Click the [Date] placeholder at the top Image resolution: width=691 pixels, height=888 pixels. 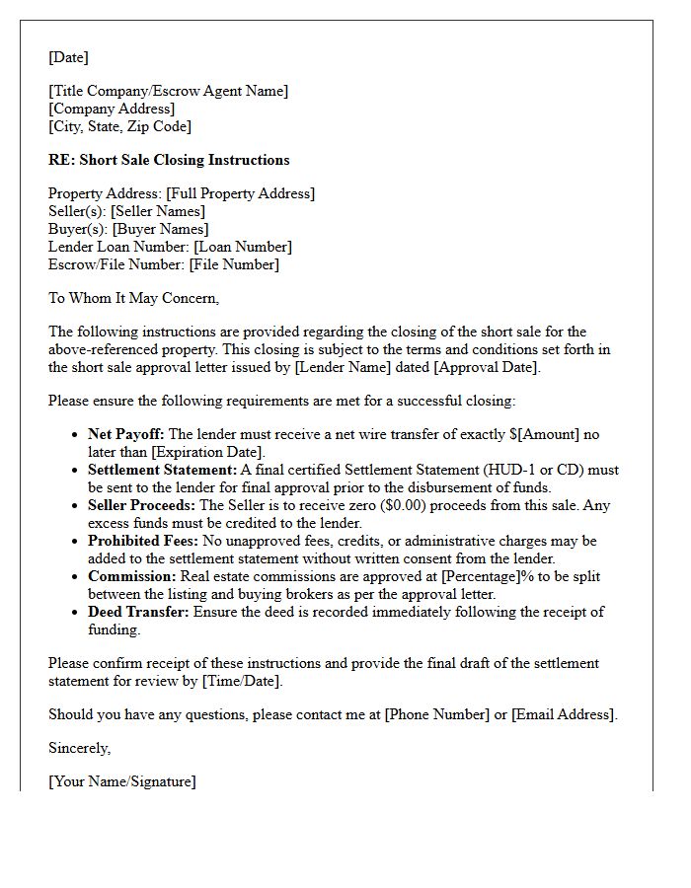pyautogui.click(x=68, y=58)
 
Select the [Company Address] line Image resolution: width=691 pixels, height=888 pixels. pyautogui.click(x=112, y=109)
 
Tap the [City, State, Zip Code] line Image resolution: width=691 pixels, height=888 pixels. pyautogui.click(x=119, y=126)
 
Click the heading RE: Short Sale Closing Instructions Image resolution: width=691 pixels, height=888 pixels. pyautogui.click(x=169, y=160)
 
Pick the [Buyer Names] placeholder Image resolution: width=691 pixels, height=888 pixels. pyautogui.click(x=161, y=229)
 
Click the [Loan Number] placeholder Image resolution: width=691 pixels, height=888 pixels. pyautogui.click(x=243, y=247)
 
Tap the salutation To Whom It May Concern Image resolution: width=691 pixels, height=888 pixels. pyautogui.click(x=133, y=298)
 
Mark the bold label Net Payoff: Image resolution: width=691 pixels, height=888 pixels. pyautogui.click(x=126, y=434)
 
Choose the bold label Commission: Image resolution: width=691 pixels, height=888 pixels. pyautogui.click(x=130, y=576)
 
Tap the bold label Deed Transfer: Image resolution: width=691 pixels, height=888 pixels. pyautogui.click(x=138, y=612)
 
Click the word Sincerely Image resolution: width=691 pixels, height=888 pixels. pyautogui.click(x=79, y=748)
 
